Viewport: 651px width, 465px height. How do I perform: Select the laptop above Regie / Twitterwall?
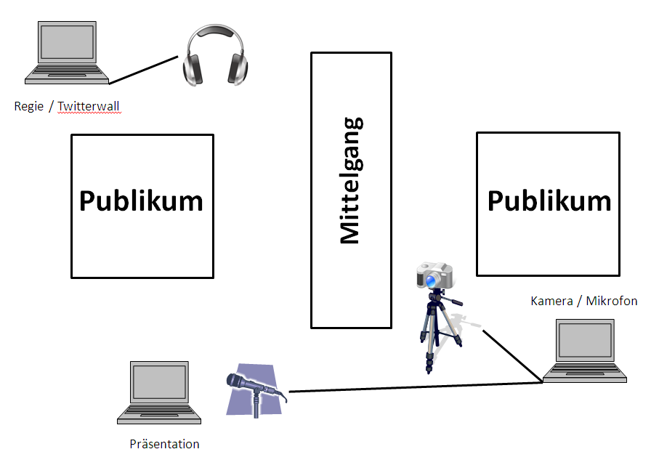(x=67, y=52)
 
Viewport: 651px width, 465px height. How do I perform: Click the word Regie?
(x=29, y=107)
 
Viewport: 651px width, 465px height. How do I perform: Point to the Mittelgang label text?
(x=350, y=180)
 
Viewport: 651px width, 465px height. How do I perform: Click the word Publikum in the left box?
(x=142, y=201)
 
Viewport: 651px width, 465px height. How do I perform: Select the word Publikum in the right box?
(x=549, y=201)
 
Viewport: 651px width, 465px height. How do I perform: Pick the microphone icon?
(x=254, y=389)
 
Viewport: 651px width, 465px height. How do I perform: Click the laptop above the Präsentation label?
(x=160, y=393)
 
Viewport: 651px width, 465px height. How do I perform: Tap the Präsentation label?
(x=164, y=444)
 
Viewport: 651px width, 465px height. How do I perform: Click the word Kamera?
(x=552, y=301)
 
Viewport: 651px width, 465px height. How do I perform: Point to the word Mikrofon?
(x=612, y=301)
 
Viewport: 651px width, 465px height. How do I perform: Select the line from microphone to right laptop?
(x=414, y=387)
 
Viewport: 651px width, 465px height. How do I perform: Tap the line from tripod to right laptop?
(x=512, y=355)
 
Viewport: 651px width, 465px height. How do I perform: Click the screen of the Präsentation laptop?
(x=160, y=383)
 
